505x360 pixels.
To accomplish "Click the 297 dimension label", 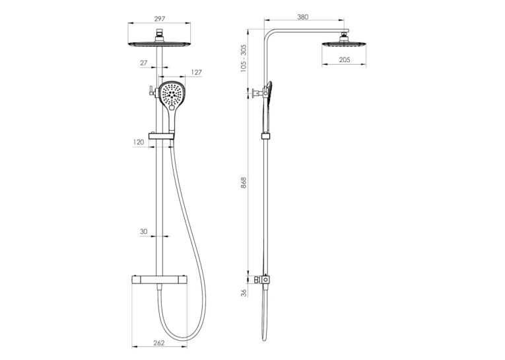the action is point(160,18).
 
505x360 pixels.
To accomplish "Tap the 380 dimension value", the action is point(303,17).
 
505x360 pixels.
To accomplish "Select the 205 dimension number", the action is point(345,59).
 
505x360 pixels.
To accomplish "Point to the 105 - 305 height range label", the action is point(244,58).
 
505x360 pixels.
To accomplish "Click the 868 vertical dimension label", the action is point(244,183).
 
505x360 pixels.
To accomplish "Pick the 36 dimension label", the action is point(244,293).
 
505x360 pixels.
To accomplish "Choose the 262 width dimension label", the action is point(159,343).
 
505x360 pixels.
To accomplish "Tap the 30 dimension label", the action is point(144,231).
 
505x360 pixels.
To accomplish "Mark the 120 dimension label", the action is point(139,142).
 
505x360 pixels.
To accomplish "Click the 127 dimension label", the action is point(196,72).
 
